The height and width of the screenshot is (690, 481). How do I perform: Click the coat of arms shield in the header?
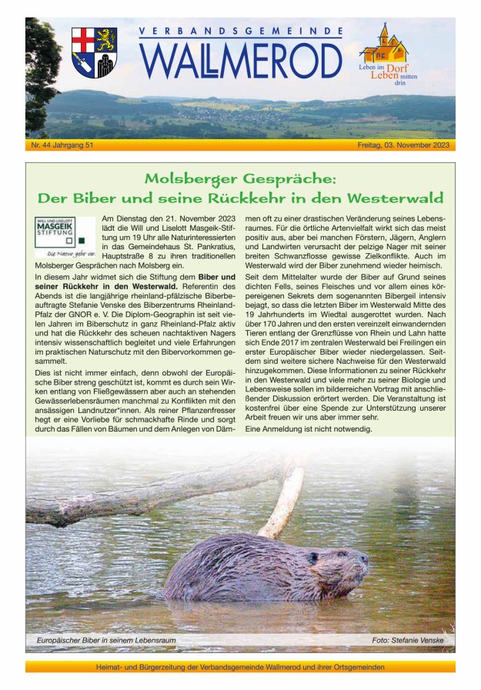point(94,52)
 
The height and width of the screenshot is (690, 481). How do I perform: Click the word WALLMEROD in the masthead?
point(240,61)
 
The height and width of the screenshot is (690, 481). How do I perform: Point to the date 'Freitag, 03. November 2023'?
point(404,145)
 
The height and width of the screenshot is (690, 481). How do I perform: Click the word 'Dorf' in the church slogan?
point(397,68)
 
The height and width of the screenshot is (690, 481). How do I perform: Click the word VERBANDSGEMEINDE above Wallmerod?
point(240,32)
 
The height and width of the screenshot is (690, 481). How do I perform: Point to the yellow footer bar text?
point(240,667)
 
